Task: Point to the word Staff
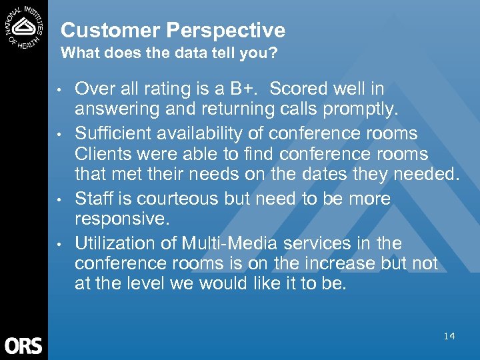94,199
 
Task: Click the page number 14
449,336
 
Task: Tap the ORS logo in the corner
23,345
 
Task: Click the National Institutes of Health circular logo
24,27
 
